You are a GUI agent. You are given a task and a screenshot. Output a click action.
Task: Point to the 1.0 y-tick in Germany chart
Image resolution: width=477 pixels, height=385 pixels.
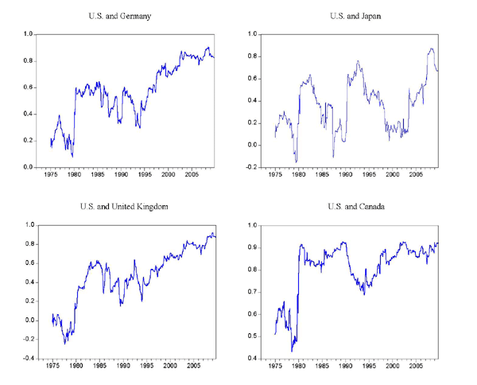tap(28, 34)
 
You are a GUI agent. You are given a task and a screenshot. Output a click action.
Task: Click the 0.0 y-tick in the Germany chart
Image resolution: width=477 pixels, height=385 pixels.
tap(28, 167)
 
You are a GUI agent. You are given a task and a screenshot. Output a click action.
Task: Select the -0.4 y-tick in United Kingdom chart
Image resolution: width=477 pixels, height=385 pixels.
tap(26, 358)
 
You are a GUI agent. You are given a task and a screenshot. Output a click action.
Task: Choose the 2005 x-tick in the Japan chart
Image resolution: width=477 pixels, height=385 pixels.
tap(415, 175)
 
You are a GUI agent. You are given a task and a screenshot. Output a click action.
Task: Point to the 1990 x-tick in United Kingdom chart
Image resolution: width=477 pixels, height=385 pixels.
tap(122, 366)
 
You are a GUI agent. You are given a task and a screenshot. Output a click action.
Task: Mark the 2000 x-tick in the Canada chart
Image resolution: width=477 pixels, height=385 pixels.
tap(392, 367)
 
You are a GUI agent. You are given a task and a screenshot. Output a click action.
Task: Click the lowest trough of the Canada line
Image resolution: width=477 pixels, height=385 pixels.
tap(292, 351)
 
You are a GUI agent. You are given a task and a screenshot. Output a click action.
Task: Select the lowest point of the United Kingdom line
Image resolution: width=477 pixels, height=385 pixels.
tap(65, 343)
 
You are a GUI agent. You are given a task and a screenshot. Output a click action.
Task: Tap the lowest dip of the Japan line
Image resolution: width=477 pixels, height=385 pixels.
tap(297, 162)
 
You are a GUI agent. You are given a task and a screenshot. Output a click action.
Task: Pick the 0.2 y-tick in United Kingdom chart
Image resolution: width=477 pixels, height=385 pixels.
tap(28, 301)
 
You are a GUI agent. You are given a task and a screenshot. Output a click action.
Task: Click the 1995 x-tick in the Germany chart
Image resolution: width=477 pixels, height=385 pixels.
tap(145, 175)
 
